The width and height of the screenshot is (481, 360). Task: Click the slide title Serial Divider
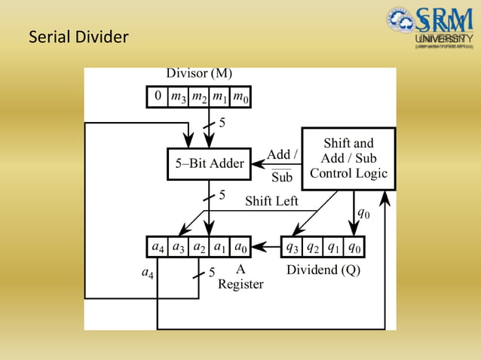click(78, 36)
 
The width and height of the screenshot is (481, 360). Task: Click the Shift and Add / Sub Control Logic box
click(348, 158)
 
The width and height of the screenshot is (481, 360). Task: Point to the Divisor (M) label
click(199, 74)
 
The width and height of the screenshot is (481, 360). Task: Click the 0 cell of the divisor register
click(158, 96)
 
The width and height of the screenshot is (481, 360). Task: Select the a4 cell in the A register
click(158, 246)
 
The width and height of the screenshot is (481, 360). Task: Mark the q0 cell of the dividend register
click(355, 246)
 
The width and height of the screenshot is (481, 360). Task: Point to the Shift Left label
click(271, 201)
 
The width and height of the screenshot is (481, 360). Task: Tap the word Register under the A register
click(240, 284)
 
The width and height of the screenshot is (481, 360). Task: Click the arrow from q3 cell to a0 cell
click(266, 246)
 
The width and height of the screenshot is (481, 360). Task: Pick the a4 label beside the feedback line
click(149, 274)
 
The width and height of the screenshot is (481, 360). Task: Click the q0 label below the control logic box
click(363, 213)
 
